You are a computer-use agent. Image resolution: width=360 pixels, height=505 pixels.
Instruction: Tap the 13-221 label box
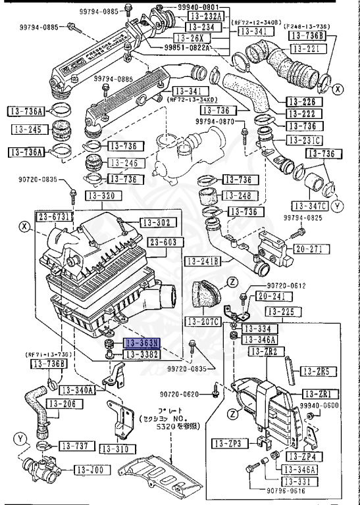click(x=305, y=49)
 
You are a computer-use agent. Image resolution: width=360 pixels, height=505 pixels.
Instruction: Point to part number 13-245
click(x=27, y=130)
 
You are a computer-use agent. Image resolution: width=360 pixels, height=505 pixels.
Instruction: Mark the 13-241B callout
click(x=202, y=260)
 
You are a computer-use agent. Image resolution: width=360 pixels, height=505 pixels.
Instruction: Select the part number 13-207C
click(x=201, y=322)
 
